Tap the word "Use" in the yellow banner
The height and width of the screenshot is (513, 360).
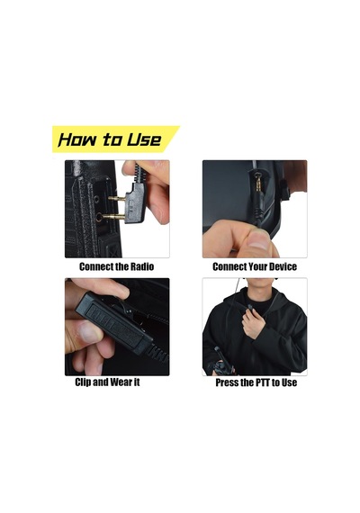coord(144,139)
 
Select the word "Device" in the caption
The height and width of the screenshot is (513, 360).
coord(282,266)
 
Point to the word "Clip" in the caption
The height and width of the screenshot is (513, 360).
coord(83,382)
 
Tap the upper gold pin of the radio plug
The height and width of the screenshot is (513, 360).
coord(116,198)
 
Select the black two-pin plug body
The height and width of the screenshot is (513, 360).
coord(134,202)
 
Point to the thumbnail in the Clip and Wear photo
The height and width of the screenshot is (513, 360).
coord(89,332)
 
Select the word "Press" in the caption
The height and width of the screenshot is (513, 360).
coord(227,382)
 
